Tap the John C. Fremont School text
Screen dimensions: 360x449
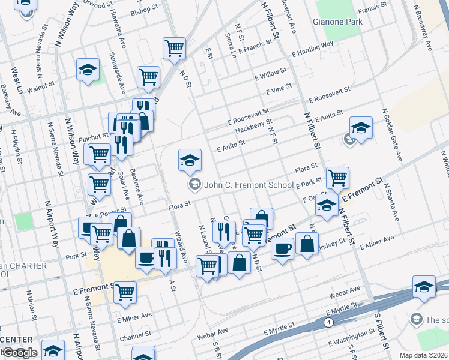click(x=249, y=185)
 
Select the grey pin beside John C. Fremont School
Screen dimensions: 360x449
click(x=194, y=185)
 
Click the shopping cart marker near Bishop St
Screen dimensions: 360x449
click(x=174, y=47)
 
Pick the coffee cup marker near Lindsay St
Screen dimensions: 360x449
click(x=282, y=248)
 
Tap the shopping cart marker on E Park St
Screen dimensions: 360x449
click(x=338, y=178)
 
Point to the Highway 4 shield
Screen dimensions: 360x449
click(x=329, y=322)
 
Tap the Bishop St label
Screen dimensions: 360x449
click(x=143, y=11)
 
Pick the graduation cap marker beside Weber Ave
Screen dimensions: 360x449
click(x=424, y=287)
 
